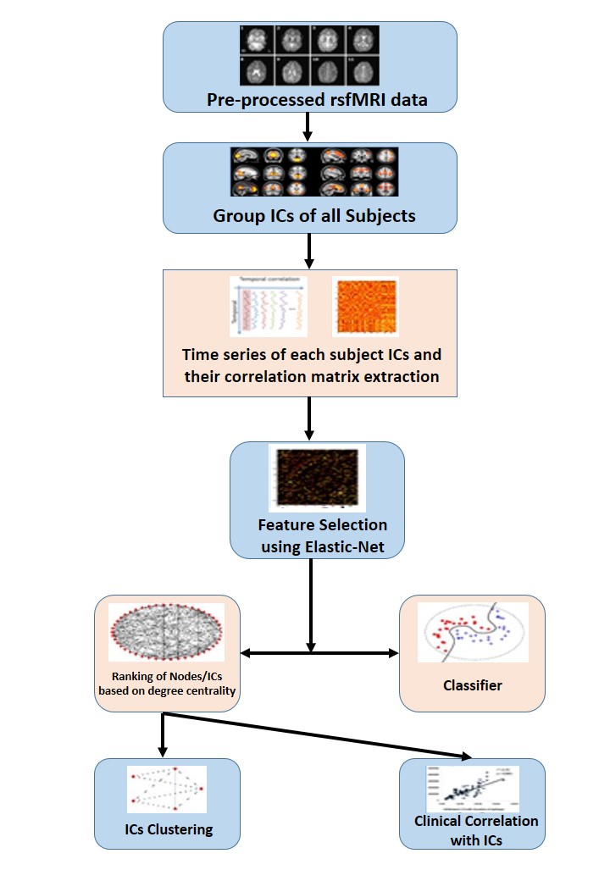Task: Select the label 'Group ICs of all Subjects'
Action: (x=314, y=215)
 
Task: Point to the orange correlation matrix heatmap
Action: (x=365, y=307)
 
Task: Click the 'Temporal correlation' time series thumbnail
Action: (x=269, y=306)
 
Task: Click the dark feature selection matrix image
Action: (x=317, y=478)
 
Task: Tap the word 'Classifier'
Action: (x=473, y=685)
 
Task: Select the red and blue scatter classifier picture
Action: (x=473, y=632)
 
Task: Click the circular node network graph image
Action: (x=167, y=633)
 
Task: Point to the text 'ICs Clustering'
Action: (x=167, y=829)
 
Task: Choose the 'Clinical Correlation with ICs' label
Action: (x=476, y=830)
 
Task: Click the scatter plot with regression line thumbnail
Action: (x=473, y=788)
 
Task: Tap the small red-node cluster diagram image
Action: (x=167, y=790)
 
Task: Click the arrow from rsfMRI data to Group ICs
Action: (x=309, y=126)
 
